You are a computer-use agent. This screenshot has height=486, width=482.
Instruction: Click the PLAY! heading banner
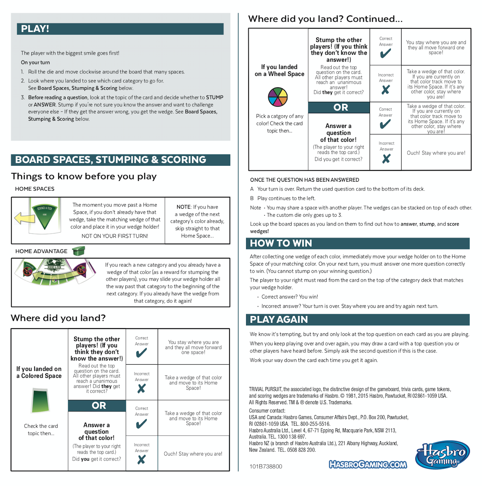click(x=120, y=29)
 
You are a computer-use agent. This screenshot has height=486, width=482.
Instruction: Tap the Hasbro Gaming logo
click(x=442, y=455)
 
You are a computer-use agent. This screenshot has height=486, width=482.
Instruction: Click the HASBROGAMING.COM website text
click(x=368, y=465)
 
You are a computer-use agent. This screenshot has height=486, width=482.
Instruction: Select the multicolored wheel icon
click(x=278, y=97)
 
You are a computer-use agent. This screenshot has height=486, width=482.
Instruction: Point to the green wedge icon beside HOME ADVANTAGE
click(x=79, y=251)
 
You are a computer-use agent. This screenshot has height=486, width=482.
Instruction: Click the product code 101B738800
click(x=266, y=467)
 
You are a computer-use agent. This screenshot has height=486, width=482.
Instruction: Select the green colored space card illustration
click(x=40, y=401)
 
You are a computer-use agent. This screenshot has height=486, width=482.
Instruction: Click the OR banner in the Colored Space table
click(x=99, y=406)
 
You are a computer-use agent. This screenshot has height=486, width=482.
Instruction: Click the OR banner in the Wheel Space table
click(x=341, y=107)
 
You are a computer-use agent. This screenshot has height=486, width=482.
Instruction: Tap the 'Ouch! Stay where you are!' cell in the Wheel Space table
click(x=436, y=153)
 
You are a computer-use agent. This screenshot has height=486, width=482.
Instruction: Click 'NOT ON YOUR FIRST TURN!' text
click(x=115, y=236)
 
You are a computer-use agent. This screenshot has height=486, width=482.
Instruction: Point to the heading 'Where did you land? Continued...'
click(x=325, y=19)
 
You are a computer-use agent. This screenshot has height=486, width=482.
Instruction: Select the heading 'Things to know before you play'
click(x=84, y=176)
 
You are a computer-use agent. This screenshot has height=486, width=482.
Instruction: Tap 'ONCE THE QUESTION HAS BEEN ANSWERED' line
click(x=304, y=180)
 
